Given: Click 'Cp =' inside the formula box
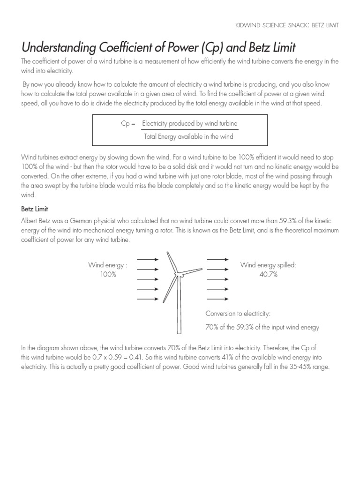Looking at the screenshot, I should pos(128,123).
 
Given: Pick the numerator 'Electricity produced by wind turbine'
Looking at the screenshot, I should pos(190,123).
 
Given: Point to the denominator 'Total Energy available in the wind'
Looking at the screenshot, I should pos(188,136).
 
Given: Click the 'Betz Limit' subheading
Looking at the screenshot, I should pos(35,209).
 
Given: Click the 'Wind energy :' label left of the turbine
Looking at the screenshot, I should pos(108,265).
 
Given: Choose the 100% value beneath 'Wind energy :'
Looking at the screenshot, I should pos(108,274).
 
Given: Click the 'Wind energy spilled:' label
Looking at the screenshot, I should pos(268,265).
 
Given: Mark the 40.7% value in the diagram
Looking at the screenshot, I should pos(268,274).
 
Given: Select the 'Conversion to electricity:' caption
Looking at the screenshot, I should pos(238,314).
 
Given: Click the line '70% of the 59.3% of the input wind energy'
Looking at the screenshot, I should pos(262,327).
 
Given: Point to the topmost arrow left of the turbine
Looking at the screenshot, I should pos(148,259).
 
